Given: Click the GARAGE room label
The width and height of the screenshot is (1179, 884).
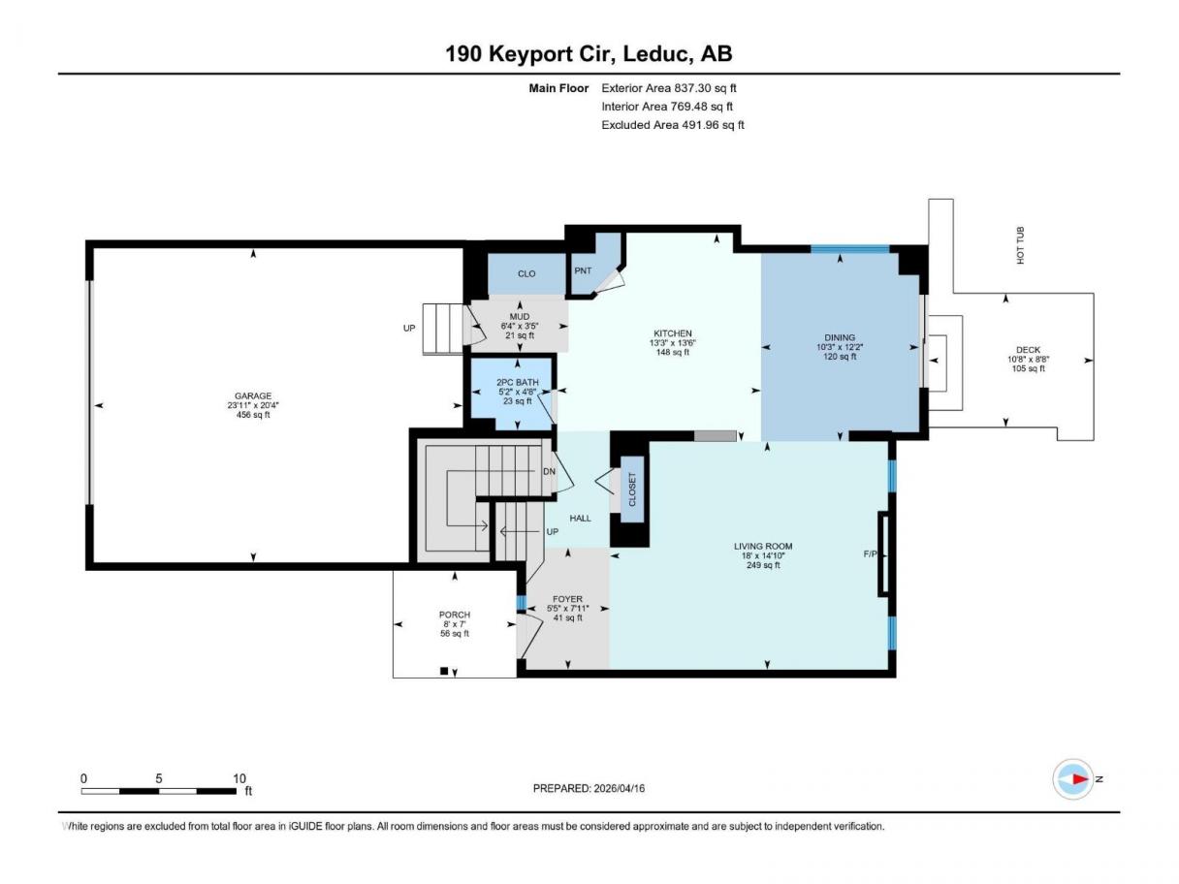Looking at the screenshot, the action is coord(252,395).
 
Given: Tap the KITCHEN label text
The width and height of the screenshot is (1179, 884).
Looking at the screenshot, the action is coord(672,333).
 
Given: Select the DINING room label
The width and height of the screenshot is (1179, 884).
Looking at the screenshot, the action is coord(839,337).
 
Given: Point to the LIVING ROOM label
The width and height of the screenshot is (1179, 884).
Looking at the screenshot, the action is coord(763,546).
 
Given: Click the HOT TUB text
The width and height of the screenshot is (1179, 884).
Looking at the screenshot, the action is coord(1020,245).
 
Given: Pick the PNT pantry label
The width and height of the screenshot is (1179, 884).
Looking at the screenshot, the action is coord(583,270).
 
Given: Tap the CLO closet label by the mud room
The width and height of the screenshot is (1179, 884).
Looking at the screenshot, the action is coord(526,273).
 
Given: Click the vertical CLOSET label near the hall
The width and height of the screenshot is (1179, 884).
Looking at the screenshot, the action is coord(631,489).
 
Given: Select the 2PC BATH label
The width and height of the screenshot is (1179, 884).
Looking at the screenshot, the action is coord(517,382).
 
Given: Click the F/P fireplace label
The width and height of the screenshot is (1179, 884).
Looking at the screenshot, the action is coord(870,553).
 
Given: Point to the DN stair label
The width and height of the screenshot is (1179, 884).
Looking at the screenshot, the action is coord(549,472).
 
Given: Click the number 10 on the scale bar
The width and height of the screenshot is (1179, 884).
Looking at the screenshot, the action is coord(239,778).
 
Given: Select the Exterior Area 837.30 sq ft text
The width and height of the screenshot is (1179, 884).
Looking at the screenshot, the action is coord(669,88).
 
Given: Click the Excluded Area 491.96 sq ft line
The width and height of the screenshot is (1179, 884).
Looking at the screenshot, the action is coord(673,125).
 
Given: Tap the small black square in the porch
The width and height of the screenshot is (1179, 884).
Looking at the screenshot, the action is coord(444,671).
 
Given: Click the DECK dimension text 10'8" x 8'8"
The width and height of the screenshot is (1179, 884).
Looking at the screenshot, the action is coord(1028,360).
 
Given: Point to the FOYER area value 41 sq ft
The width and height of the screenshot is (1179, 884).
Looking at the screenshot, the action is coord(568,617).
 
